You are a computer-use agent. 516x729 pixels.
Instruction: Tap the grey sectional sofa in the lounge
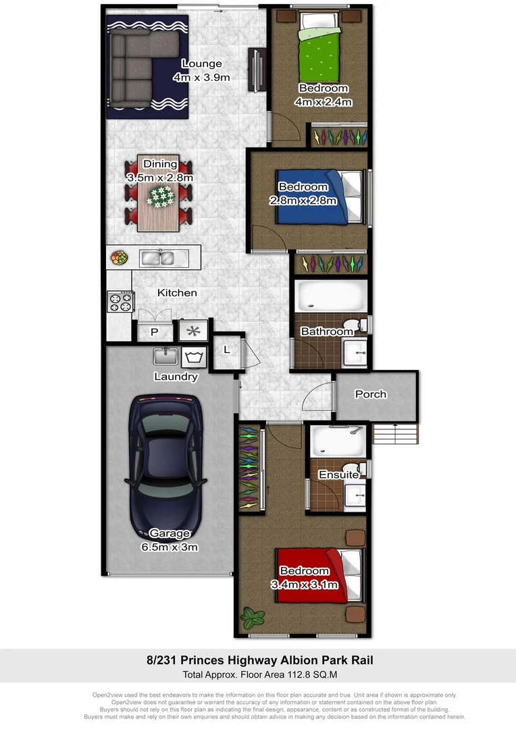[x=132, y=67]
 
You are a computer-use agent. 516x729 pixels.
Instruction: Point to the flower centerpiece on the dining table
[x=161, y=196]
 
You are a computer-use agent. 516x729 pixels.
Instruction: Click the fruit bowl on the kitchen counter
[x=120, y=258]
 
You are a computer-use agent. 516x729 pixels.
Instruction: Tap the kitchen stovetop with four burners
[x=120, y=301]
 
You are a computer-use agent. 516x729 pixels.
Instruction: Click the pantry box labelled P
[x=154, y=331]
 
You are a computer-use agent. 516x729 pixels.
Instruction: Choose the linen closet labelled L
[x=227, y=350]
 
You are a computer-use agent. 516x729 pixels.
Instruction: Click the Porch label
[x=371, y=394]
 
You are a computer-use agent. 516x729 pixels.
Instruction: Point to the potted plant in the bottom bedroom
[x=253, y=616]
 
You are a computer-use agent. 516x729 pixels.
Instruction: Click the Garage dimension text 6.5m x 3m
[x=170, y=547]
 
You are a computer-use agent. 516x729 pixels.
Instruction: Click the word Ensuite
[x=339, y=475]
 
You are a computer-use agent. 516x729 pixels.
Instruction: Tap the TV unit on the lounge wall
[x=257, y=70]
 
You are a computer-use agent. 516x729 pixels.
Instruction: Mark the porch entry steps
[x=396, y=432]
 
